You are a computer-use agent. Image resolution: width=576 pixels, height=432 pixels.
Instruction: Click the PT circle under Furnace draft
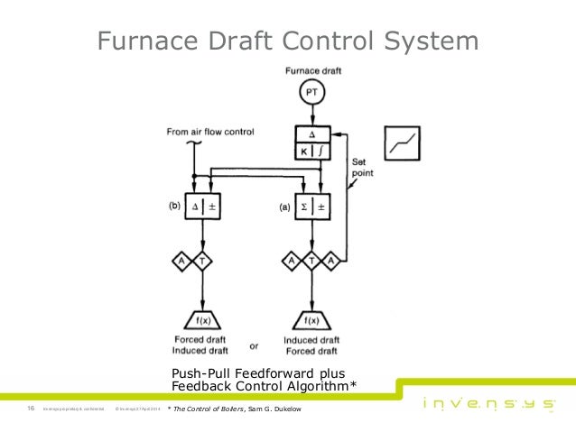(x=310, y=93)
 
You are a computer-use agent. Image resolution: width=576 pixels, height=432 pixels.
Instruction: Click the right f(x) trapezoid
(x=310, y=320)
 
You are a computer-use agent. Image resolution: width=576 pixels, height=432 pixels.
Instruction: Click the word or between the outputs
(x=254, y=346)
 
